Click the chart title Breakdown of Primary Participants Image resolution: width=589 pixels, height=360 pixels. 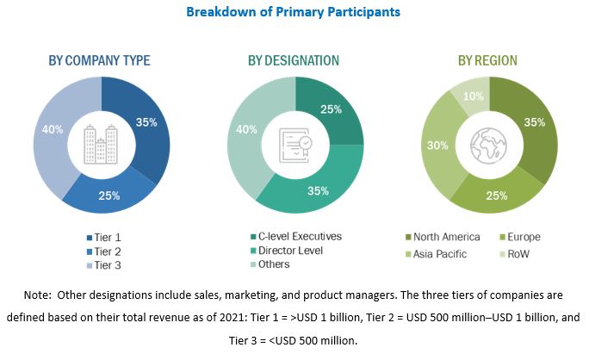pos(294,13)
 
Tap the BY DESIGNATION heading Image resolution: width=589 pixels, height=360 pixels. pos(294,60)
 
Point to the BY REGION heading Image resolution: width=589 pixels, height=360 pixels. pos(487,60)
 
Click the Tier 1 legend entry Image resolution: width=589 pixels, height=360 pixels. pos(104,237)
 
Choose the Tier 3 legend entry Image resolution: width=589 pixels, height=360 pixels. pos(104,264)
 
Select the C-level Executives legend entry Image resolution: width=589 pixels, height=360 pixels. pos(300,236)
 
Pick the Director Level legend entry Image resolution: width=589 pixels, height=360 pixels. pos(290,250)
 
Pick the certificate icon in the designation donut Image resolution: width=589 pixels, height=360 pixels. pos(295,142)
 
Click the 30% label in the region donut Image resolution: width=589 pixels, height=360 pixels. pos(437,146)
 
